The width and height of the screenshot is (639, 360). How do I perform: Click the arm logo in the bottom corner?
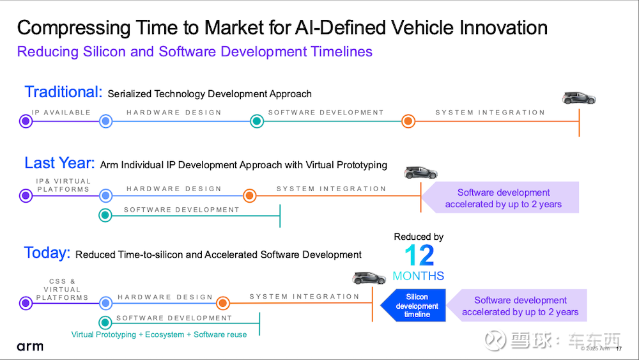30,347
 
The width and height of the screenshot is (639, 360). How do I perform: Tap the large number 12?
419,256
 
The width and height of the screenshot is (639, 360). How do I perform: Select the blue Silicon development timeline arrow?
413,306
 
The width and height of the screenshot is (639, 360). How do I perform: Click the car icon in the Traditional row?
579,98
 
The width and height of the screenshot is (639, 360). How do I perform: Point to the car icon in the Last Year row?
420,173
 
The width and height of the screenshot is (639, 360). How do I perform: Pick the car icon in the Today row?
369,278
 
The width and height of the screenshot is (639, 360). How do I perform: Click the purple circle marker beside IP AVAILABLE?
26,121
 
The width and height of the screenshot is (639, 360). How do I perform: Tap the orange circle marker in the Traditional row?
408,121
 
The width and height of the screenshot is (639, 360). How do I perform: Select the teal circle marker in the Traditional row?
257,121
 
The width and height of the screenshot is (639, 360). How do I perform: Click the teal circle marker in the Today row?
105,322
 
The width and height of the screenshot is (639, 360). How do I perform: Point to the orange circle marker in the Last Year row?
250,196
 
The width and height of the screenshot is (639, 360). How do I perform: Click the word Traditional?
63,92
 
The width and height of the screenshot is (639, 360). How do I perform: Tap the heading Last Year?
59,163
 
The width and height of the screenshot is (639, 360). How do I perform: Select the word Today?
47,253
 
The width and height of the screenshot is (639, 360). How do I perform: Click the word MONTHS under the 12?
419,276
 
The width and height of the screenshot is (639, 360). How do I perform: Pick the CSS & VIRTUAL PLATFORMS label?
63,290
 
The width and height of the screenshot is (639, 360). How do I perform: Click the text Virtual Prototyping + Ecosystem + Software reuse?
159,334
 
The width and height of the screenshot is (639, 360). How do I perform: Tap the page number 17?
619,348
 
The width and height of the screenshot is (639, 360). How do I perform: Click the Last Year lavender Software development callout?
500,198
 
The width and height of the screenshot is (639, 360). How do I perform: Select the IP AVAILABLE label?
61,113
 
